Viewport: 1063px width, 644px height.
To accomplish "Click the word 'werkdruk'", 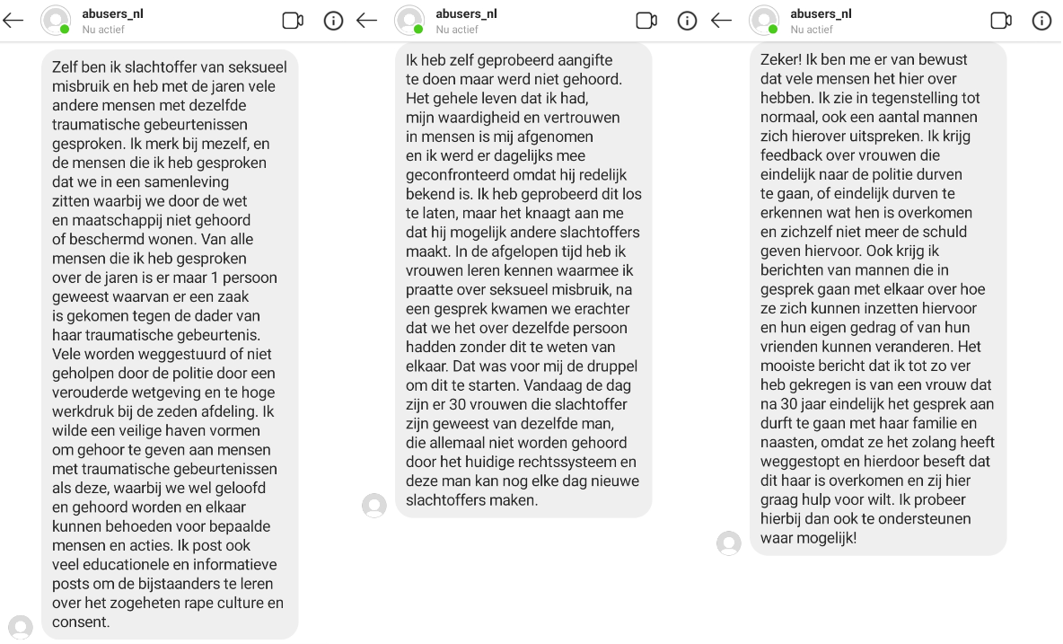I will coord(82,411).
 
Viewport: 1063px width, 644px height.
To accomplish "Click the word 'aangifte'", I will coord(583,60).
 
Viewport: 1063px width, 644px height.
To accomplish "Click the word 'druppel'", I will coord(610,366).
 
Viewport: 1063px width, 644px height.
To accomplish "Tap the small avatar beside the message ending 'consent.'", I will coord(21,626).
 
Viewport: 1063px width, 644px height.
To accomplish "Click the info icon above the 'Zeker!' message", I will coord(1041,21).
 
